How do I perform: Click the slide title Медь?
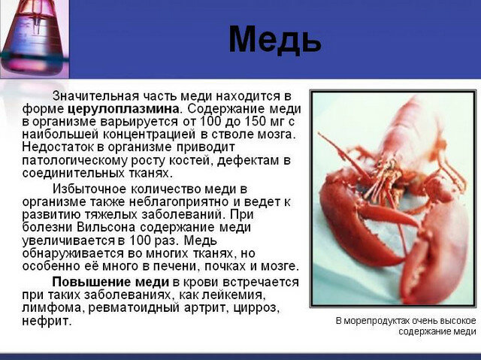click(274, 39)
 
